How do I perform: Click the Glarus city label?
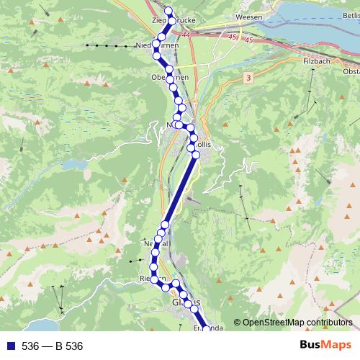[x=186, y=302]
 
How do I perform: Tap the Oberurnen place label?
[x=170, y=77]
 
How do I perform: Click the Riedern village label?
[x=153, y=279]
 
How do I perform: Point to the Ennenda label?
[x=207, y=328]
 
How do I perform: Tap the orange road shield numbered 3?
[x=248, y=76]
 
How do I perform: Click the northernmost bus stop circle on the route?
[x=169, y=10]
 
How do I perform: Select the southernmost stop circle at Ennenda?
[x=206, y=329]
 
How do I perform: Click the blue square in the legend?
[x=9, y=346]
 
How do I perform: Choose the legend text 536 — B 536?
[x=53, y=346]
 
